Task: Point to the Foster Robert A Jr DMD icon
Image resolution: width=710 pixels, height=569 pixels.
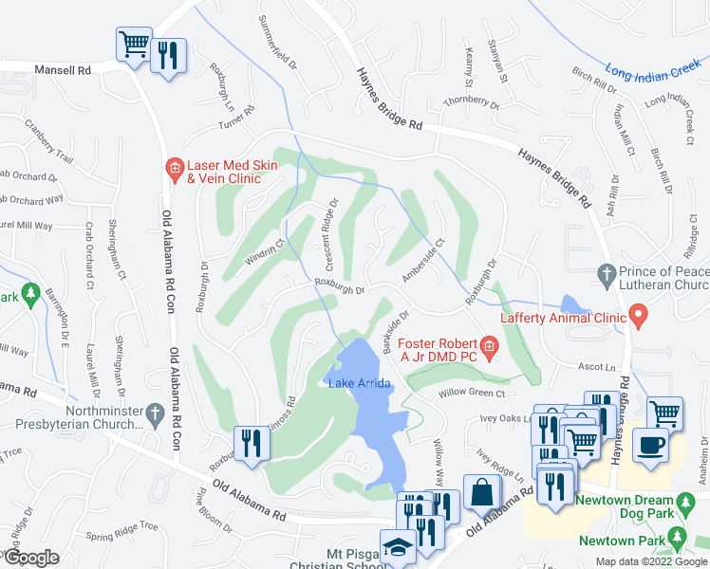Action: [489, 348]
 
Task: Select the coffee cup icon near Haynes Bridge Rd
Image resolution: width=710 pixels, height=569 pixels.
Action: [650, 445]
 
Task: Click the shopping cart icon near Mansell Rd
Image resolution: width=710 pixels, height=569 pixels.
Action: [133, 44]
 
